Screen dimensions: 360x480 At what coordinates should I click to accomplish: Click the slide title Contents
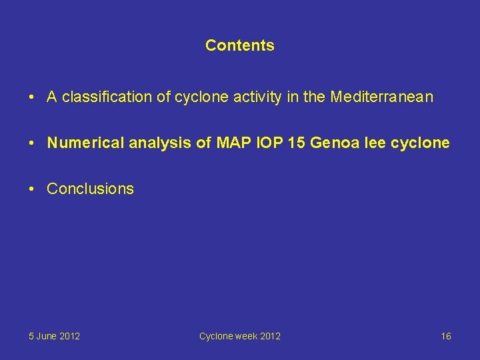click(x=239, y=45)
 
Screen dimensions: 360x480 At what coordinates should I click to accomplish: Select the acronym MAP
click(x=231, y=143)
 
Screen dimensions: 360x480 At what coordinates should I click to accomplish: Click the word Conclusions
click(x=90, y=189)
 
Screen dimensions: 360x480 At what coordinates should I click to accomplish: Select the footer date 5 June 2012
click(x=54, y=336)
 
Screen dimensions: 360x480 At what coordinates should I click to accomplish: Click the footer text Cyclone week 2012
click(x=239, y=336)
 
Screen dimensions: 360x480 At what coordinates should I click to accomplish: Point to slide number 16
click(x=445, y=336)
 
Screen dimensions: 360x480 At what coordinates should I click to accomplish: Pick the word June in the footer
click(x=47, y=336)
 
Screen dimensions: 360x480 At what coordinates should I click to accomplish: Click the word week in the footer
click(x=245, y=336)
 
